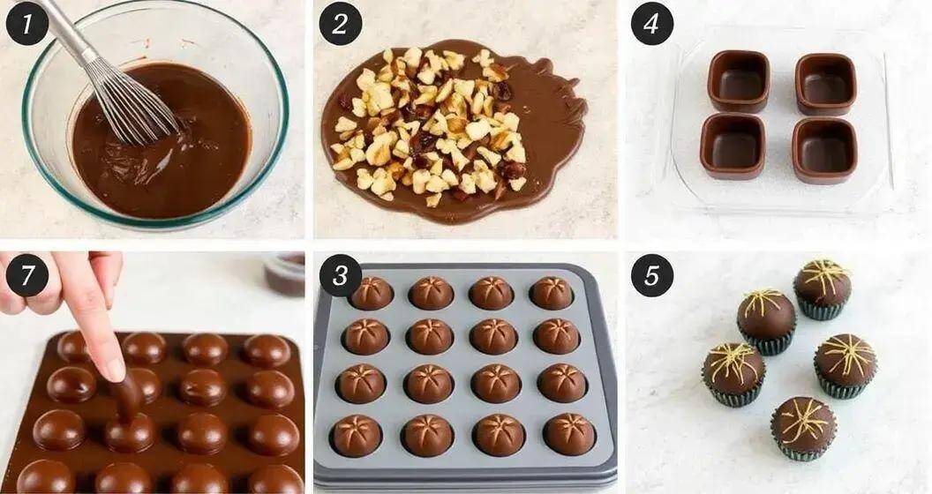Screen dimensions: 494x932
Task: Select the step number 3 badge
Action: (340, 276)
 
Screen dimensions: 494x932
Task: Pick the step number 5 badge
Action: (651, 276)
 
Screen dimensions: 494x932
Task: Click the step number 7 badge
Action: (26, 276)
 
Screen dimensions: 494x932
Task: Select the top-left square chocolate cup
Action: (738, 80)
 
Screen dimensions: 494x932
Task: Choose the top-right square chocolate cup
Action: (825, 84)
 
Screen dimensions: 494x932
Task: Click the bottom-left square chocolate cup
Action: (733, 145)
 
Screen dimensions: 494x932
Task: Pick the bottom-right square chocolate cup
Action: (823, 149)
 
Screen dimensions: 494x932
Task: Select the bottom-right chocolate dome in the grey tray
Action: (568, 433)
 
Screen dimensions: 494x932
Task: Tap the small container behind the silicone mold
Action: (284, 273)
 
